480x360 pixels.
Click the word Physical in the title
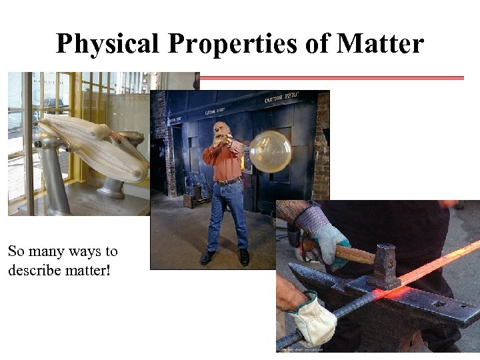click(x=107, y=43)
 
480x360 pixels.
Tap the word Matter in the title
click(x=380, y=43)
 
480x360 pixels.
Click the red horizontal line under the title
click(x=331, y=78)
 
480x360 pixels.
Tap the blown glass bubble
click(x=270, y=151)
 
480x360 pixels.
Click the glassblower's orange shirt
click(x=224, y=160)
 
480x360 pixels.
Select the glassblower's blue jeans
click(x=227, y=213)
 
